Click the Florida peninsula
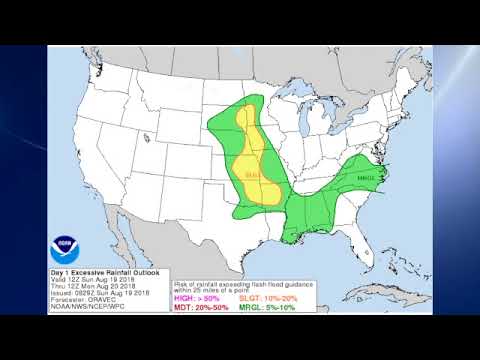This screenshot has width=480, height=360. click(x=359, y=241)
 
